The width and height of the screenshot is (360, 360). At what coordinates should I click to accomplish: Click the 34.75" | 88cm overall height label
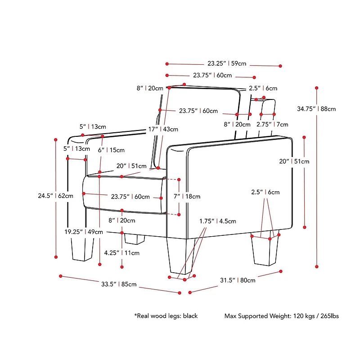[316, 109]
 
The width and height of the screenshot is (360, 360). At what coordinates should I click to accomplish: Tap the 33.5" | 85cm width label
[119, 284]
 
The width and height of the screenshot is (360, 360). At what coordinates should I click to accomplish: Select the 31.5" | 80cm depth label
[238, 280]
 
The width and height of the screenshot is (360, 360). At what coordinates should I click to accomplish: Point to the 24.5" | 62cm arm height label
[55, 196]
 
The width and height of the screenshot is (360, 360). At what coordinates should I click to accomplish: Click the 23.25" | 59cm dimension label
[227, 63]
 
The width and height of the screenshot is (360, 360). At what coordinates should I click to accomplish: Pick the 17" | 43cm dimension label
[163, 129]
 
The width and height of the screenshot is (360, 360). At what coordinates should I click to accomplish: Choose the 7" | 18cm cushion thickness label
[187, 197]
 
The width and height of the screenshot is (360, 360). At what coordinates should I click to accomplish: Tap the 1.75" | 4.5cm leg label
[218, 221]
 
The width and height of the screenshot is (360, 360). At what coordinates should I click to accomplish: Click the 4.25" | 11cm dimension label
[121, 253]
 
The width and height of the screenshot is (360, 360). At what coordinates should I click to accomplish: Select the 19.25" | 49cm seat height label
[84, 232]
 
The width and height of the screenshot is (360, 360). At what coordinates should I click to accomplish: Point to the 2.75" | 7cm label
[272, 125]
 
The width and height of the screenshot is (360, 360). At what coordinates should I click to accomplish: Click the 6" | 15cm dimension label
[111, 150]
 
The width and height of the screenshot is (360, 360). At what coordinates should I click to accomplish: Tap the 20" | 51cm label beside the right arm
[294, 162]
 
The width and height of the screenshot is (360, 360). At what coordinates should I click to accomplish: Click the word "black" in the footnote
[190, 316]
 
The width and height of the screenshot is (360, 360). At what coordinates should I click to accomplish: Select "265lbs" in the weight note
[329, 316]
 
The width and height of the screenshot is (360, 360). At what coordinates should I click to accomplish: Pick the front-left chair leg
[83, 249]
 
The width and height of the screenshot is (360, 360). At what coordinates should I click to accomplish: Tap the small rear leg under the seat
[135, 239]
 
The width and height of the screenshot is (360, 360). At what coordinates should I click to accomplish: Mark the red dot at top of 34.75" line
[317, 88]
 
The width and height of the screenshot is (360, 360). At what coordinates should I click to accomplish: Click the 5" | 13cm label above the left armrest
[93, 127]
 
